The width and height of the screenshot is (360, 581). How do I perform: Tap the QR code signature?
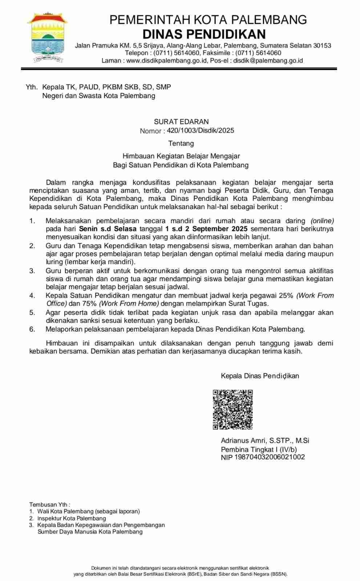click(x=232, y=410)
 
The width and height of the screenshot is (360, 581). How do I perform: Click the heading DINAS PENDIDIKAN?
click(x=204, y=34)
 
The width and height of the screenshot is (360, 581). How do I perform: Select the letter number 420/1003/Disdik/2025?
click(x=201, y=130)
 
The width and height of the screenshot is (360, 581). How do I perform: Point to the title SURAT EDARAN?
click(x=181, y=122)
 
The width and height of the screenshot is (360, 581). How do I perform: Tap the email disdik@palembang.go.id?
click(x=268, y=61)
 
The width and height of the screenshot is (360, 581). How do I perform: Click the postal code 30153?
click(x=322, y=45)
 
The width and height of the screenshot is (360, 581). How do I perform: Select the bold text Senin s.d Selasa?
click(x=108, y=229)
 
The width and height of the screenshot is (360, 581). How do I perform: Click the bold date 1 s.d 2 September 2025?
click(x=206, y=229)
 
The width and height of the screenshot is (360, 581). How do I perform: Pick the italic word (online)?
click(x=322, y=221)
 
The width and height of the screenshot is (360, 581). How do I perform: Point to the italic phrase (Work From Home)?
click(x=129, y=304)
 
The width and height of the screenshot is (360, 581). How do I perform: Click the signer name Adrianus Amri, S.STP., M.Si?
click(x=265, y=440)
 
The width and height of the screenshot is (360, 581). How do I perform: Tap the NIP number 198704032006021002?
click(x=270, y=457)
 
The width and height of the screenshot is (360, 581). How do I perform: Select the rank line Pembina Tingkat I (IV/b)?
click(x=259, y=449)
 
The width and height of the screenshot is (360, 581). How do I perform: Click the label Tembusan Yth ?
click(x=50, y=504)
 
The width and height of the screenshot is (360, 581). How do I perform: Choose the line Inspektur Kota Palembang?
click(x=72, y=518)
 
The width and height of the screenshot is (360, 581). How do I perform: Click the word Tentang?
click(x=181, y=143)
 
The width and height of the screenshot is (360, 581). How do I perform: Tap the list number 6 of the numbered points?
click(x=32, y=329)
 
